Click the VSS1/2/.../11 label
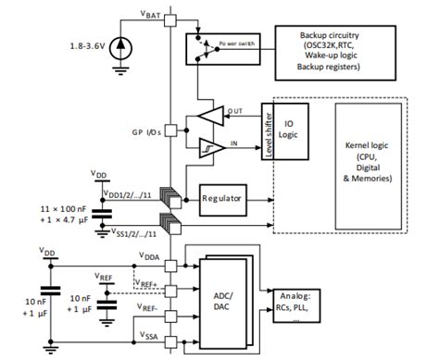click(133, 234)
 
